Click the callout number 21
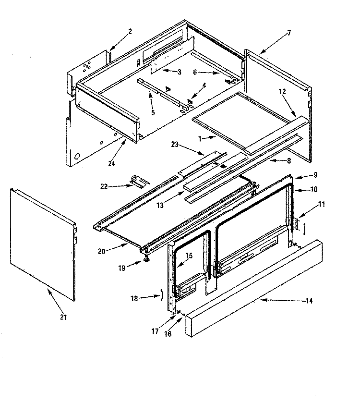coord(63,317)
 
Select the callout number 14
coord(309,301)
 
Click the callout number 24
coord(111,163)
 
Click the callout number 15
coord(189,256)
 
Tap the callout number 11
coord(321,204)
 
